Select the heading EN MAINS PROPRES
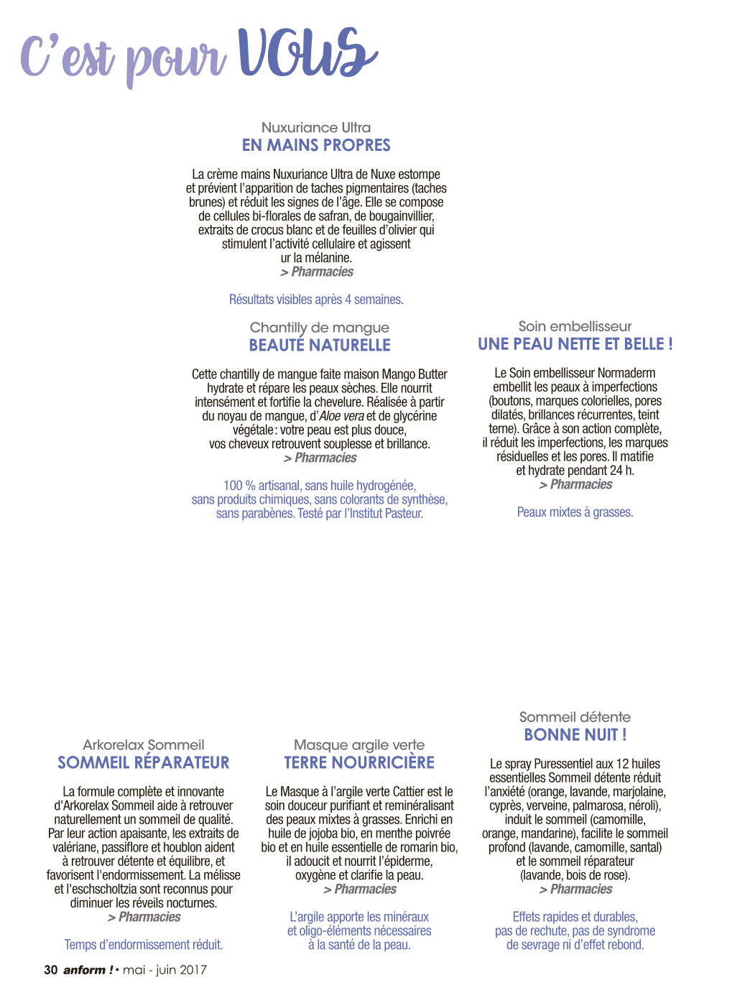pyautogui.click(x=316, y=145)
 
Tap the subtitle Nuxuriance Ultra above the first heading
pyautogui.click(x=316, y=127)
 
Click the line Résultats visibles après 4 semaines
pyautogui.click(x=316, y=300)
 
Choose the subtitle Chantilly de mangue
pyautogui.click(x=320, y=328)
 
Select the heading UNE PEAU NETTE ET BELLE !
pyautogui.click(x=575, y=344)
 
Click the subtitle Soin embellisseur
pyautogui.click(x=575, y=326)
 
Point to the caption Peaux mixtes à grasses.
pyautogui.click(x=575, y=512)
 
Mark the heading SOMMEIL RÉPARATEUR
pyautogui.click(x=143, y=762)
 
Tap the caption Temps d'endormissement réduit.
pyautogui.click(x=143, y=945)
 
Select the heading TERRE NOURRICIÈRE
pyautogui.click(x=359, y=762)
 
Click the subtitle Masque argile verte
pyautogui.click(x=359, y=745)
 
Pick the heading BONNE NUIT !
pyautogui.click(x=575, y=734)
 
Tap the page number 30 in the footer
pyautogui.click(x=50, y=970)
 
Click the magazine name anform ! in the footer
pyautogui.click(x=88, y=970)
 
